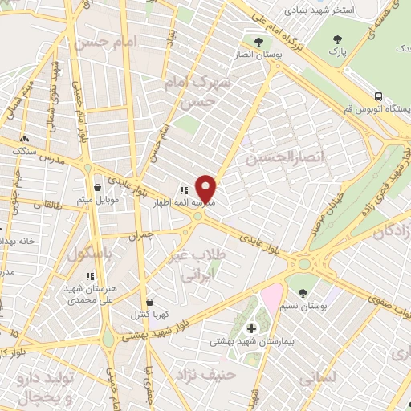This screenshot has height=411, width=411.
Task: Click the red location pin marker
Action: click(x=206, y=188)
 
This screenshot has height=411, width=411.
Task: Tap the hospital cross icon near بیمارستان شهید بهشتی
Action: click(x=251, y=328)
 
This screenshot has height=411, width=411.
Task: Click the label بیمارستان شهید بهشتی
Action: click(x=248, y=341)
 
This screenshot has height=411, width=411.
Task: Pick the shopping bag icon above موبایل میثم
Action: click(x=97, y=186)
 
